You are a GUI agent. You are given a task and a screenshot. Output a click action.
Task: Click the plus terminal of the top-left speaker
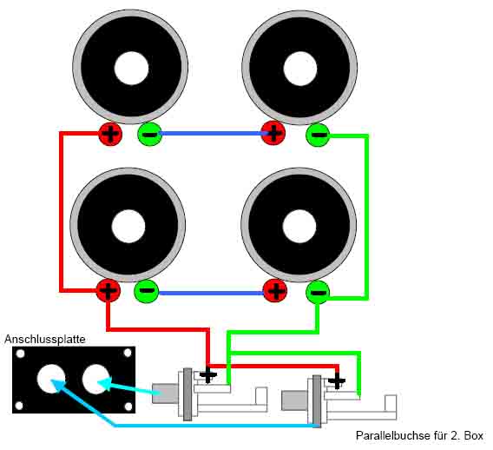(x=110, y=134)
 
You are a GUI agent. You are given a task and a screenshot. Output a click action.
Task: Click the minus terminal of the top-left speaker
(x=149, y=134)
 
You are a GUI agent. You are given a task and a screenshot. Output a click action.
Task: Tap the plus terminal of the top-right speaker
(x=273, y=133)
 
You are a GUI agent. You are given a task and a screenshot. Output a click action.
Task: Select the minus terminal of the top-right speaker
(x=318, y=135)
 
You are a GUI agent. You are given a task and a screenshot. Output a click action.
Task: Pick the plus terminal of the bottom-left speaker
(x=108, y=291)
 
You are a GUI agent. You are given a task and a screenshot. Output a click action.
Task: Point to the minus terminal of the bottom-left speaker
(x=146, y=291)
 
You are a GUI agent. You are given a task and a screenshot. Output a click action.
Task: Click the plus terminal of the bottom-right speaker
(x=275, y=291)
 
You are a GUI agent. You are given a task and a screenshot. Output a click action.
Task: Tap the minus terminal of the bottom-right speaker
(x=318, y=293)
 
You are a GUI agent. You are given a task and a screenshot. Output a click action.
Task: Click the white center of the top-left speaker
(x=131, y=69)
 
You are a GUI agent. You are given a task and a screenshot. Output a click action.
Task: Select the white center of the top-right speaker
(x=300, y=69)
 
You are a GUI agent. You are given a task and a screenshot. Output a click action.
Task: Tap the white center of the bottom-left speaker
(x=128, y=226)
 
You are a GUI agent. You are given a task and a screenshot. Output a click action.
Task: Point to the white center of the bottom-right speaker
(x=299, y=226)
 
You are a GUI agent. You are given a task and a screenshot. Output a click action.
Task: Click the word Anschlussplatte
(x=45, y=339)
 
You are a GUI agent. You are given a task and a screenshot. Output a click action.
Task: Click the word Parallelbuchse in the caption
(x=392, y=436)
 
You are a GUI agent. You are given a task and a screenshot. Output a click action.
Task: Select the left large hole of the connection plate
(x=51, y=379)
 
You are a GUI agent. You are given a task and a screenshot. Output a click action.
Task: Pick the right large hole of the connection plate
(x=95, y=379)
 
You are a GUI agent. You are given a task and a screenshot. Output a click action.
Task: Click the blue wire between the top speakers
(x=211, y=134)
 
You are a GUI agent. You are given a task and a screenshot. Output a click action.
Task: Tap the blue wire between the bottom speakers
(x=211, y=294)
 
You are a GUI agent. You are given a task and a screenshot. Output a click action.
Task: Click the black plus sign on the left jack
(x=207, y=375)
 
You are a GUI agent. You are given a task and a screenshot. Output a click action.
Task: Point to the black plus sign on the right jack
(x=337, y=381)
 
